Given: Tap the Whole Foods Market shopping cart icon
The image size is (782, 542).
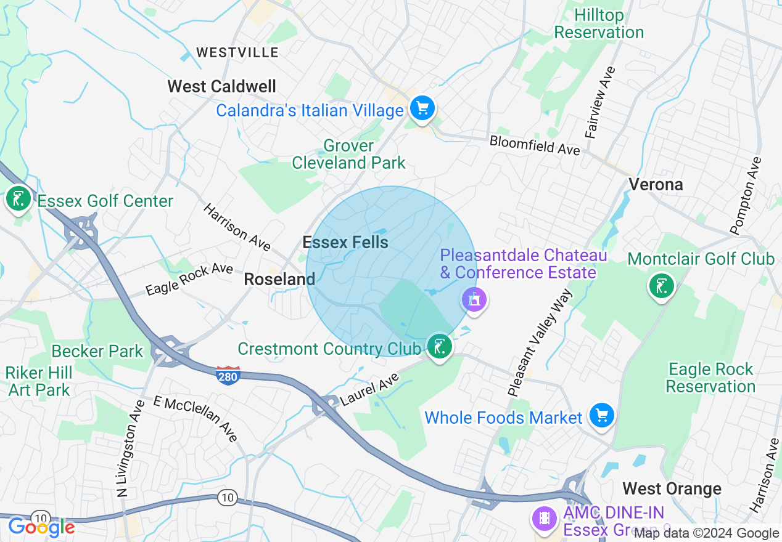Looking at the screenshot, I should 601,416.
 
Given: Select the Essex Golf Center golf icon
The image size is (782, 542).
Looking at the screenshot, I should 19,199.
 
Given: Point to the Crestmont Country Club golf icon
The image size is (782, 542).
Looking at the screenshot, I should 439,347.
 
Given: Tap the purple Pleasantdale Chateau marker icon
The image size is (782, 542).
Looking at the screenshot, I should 474,300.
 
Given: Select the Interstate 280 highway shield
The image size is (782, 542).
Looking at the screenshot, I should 228,375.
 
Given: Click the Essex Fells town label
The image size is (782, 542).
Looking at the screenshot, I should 345,242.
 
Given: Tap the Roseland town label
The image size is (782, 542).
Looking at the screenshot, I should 279,279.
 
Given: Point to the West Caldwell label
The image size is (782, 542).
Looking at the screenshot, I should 222,86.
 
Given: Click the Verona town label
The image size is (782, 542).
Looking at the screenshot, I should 656,184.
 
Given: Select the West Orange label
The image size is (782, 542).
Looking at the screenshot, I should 672,489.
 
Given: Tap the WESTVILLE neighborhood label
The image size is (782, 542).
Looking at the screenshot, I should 237,53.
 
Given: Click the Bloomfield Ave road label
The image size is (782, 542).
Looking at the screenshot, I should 535,145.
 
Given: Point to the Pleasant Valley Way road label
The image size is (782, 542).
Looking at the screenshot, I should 540,342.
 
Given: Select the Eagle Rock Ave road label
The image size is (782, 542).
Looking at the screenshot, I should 189,279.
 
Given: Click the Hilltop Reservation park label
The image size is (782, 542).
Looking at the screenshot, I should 599,24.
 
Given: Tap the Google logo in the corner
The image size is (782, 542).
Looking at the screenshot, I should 41,527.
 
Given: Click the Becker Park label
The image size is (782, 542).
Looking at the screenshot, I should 97,351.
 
